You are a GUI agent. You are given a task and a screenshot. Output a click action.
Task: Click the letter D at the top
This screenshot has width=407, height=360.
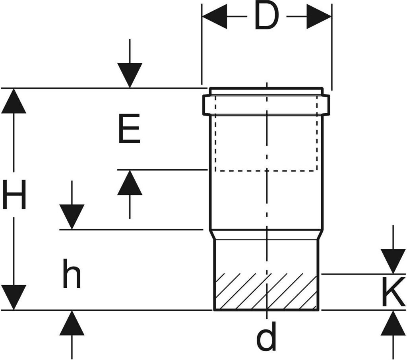(267, 17)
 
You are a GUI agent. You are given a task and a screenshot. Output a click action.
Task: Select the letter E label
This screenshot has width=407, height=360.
(130, 128)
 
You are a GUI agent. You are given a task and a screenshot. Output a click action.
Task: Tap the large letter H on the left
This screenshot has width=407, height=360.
(14, 194)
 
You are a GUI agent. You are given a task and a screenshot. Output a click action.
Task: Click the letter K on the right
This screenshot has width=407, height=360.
(393, 292)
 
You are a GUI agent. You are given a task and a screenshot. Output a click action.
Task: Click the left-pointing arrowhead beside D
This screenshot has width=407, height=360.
(215, 17)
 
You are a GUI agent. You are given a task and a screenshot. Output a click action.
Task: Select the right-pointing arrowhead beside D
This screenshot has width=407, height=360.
(319, 17)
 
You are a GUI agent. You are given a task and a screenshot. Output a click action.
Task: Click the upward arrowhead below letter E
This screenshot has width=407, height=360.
(130, 183)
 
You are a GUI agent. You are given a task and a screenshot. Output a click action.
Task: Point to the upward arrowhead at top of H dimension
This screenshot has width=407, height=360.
(14, 101)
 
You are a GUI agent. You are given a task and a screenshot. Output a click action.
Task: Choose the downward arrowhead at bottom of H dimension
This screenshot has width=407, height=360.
(14, 297)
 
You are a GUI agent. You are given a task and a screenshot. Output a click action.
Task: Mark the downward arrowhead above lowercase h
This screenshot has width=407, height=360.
(72, 216)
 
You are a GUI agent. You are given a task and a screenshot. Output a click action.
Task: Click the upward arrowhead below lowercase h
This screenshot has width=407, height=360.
(72, 323)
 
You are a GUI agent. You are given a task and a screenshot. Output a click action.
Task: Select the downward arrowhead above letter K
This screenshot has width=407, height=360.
(393, 261)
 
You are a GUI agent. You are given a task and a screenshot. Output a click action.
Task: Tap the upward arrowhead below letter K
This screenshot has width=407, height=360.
(393, 323)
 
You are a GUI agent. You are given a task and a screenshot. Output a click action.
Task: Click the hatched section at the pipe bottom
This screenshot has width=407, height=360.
(266, 292)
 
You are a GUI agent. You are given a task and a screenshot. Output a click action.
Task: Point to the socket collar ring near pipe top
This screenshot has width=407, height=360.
(266, 105)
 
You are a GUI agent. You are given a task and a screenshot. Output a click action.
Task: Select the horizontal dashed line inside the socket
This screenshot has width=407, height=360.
(266, 171)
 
